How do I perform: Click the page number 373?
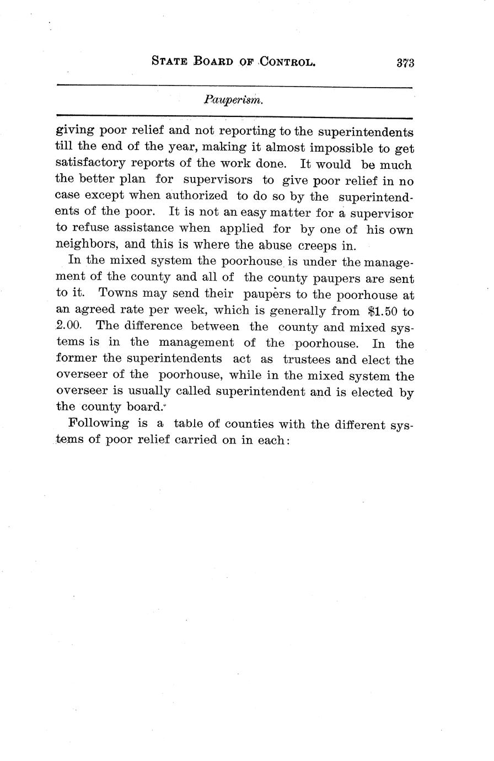[x=405, y=62]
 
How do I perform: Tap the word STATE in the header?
[x=169, y=62]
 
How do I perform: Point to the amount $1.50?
[x=382, y=310]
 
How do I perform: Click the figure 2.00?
[x=69, y=326]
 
